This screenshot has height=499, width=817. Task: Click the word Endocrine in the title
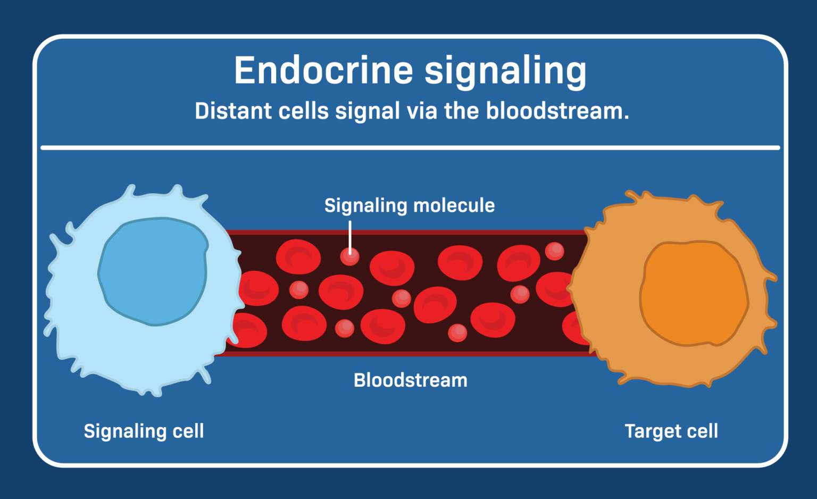tap(323, 70)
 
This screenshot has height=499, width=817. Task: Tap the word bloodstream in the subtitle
tap(557, 111)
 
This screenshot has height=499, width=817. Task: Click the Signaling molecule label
tap(409, 205)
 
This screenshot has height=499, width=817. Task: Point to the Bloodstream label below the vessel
tap(410, 380)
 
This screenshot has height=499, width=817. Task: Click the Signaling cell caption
tap(144, 431)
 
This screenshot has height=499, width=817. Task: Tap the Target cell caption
tap(671, 431)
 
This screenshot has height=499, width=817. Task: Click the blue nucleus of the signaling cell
tap(153, 271)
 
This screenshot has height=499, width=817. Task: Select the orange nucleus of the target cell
tap(694, 294)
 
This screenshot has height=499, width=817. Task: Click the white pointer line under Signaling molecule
tap(350, 237)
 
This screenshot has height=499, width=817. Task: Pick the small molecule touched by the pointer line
tap(350, 257)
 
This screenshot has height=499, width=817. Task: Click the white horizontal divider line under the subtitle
tap(410, 147)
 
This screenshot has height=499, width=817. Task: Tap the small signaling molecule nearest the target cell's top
tap(554, 251)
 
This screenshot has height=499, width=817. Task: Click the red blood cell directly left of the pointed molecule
tap(298, 257)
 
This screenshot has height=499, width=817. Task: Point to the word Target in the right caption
tap(648, 431)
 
